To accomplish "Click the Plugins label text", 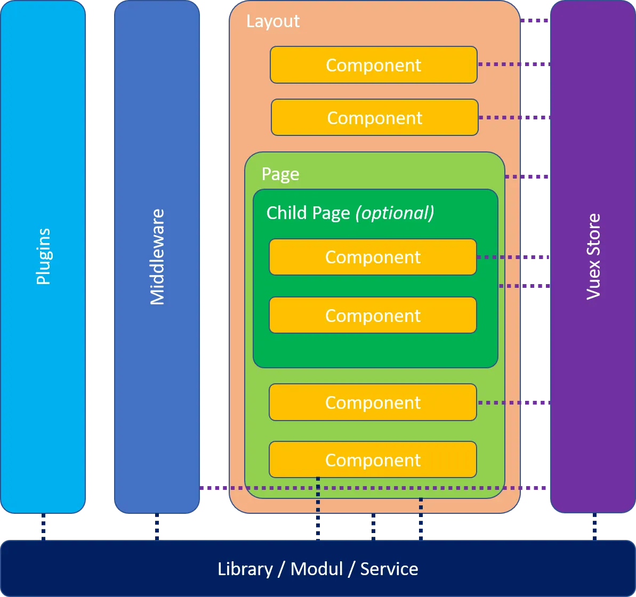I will point(43,256).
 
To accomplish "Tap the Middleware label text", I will point(157,257).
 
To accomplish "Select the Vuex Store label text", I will point(593,256).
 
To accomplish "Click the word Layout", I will point(273,21).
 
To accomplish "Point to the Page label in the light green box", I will point(280,174).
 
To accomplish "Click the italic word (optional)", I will point(395,213).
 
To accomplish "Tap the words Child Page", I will point(308,213).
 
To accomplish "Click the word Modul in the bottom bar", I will point(317,569).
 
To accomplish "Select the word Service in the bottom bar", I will point(389,569).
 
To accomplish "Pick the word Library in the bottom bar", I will point(245,569).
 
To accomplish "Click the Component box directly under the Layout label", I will point(373,65).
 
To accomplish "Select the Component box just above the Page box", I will point(374,117).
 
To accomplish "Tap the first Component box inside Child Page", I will point(373,257).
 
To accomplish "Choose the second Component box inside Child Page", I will point(373,315).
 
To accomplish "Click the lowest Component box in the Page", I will point(373,459).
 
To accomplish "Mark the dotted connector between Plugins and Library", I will point(43,527).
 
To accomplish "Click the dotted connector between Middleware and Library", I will point(157,527).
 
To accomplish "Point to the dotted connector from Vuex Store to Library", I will point(594,527).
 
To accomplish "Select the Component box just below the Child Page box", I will point(373,402).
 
